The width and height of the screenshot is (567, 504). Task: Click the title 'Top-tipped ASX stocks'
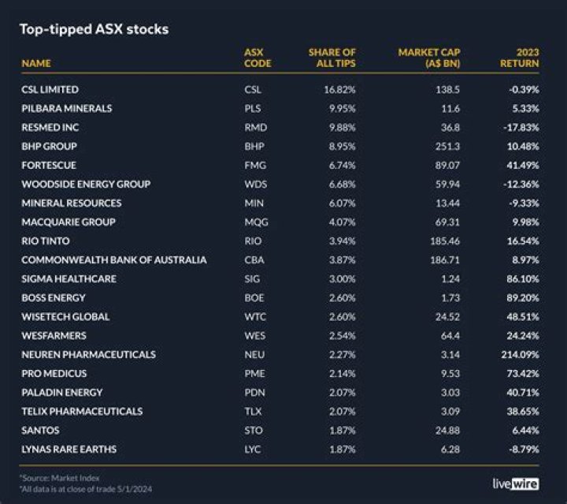[x=94, y=30]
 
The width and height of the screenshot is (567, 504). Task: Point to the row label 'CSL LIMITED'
[x=50, y=90]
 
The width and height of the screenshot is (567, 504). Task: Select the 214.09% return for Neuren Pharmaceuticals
[x=519, y=355]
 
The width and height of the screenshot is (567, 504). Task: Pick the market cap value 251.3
[x=447, y=147]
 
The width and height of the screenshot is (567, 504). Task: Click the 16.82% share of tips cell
[x=339, y=90]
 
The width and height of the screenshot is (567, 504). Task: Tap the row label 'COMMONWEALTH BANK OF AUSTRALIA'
[x=114, y=260]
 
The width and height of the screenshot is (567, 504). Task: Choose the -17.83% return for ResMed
[x=521, y=128]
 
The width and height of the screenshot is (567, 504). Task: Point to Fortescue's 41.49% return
[x=522, y=166]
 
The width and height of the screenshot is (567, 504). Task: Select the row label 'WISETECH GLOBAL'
[x=65, y=317]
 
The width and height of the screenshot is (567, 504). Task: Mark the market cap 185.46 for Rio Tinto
[x=445, y=241]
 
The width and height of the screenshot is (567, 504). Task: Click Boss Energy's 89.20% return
[x=522, y=298]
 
